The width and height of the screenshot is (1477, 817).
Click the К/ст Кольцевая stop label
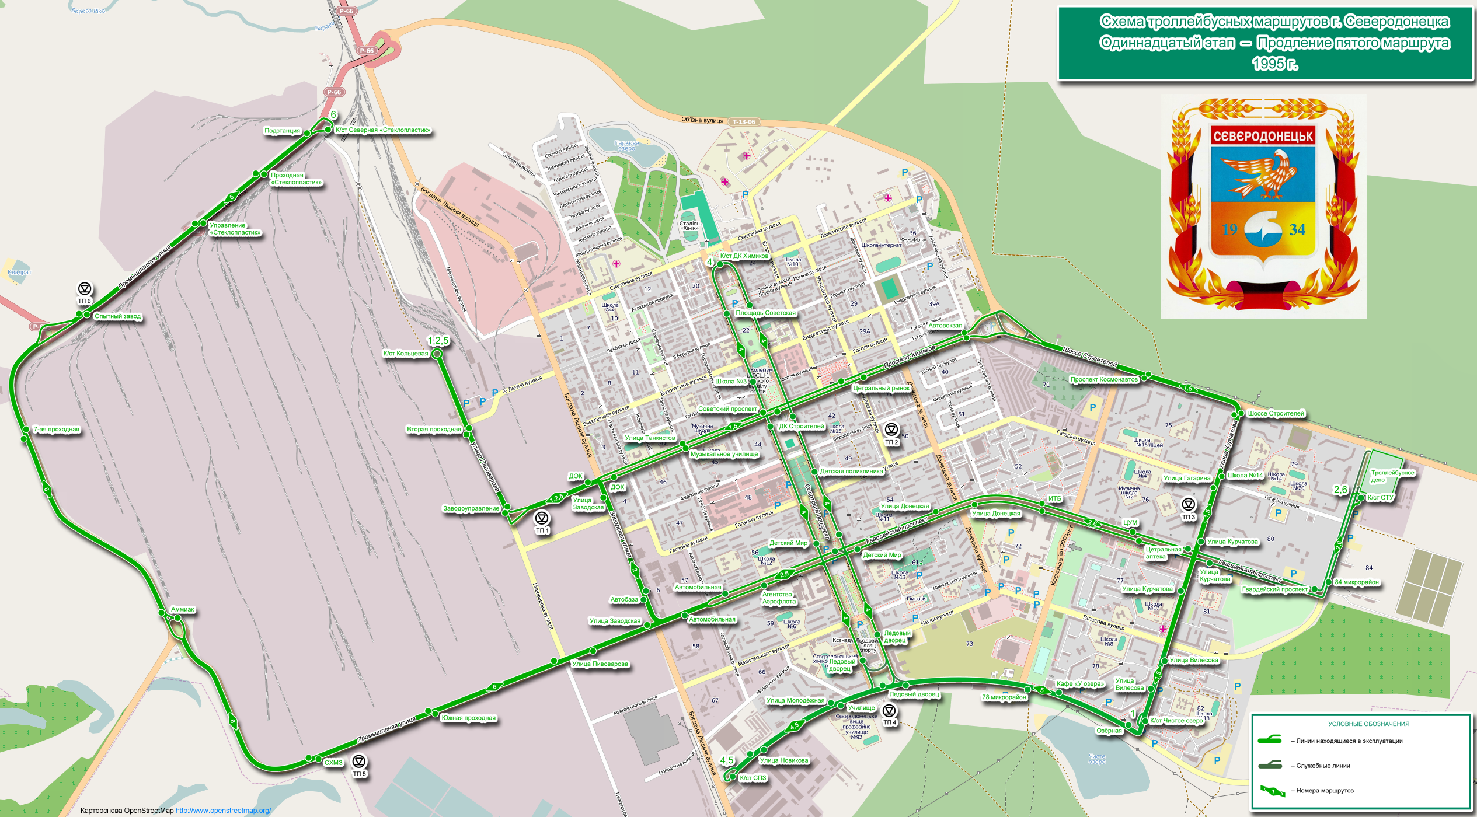[x=405, y=354]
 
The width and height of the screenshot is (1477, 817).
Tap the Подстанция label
[x=282, y=131]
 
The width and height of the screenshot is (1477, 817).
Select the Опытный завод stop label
[x=117, y=316]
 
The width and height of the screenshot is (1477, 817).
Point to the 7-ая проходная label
[x=56, y=430]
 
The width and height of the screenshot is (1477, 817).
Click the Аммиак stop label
[x=182, y=610]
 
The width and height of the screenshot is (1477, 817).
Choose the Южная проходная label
[x=468, y=718]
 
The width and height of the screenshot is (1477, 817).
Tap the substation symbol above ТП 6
[x=85, y=288]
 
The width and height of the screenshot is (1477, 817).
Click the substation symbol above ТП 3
[x=1189, y=504]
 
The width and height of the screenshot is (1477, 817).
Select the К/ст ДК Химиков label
[x=744, y=256]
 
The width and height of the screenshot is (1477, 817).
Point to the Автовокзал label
[x=945, y=326]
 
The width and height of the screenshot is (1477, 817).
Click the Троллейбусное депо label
[x=1392, y=476]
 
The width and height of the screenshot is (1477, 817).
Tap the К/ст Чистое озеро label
[x=1176, y=721]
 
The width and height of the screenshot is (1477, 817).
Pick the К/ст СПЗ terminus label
[x=753, y=778]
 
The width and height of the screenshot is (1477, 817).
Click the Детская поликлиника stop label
[x=851, y=472]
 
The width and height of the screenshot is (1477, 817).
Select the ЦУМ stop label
[x=1130, y=523]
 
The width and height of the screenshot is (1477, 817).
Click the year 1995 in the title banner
[x=1274, y=64]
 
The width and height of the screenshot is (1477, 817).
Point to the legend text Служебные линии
[x=1323, y=766]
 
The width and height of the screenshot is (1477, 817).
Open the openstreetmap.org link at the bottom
[x=223, y=811]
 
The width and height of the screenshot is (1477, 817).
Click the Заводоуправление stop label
[x=471, y=509]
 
